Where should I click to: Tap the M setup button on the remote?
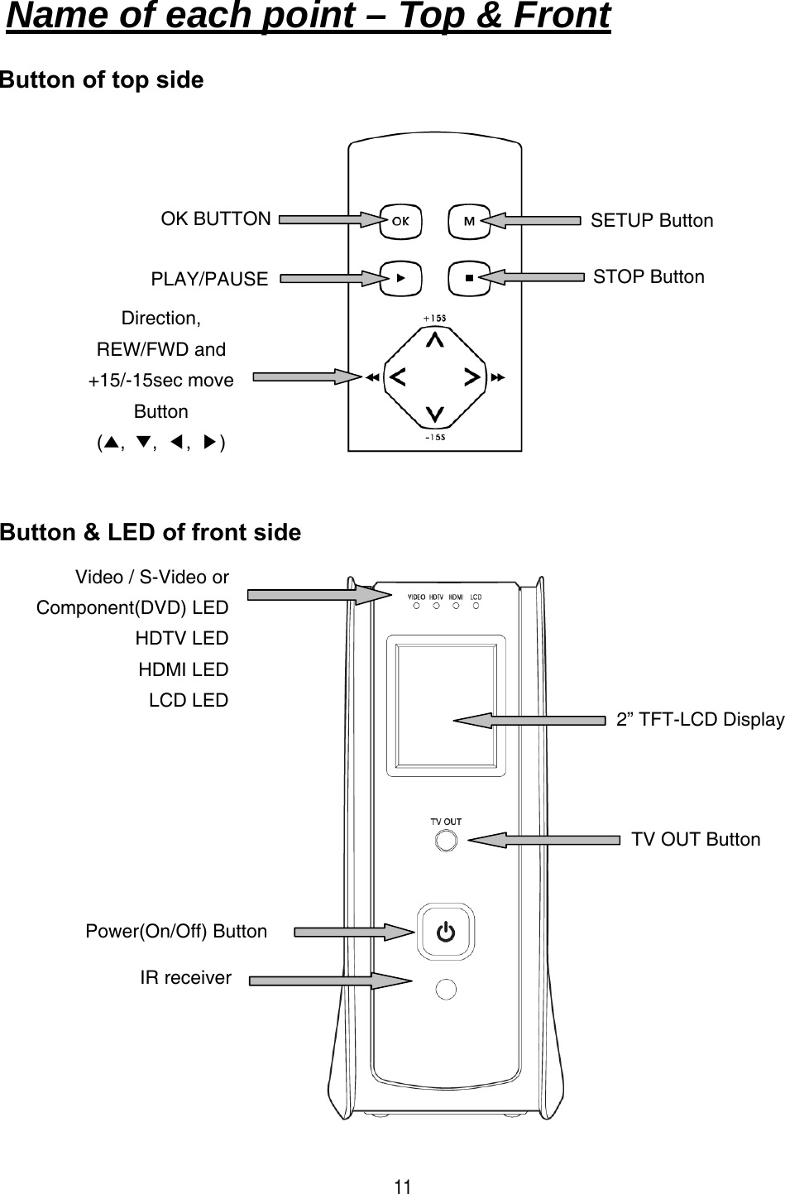[x=469, y=221]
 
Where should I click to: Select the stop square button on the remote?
[x=469, y=278]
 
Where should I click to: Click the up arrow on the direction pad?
[x=434, y=339]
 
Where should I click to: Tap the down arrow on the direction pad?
[x=434, y=414]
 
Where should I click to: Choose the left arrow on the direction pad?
[x=396, y=377]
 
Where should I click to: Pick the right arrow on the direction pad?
[x=472, y=377]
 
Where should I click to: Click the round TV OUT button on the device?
[x=446, y=840]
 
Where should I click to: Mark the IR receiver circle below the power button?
[x=446, y=989]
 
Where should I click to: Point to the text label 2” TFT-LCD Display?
[x=700, y=720]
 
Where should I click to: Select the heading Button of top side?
[x=102, y=80]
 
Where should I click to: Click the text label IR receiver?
[x=185, y=978]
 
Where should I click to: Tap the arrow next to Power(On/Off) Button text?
[x=353, y=933]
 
